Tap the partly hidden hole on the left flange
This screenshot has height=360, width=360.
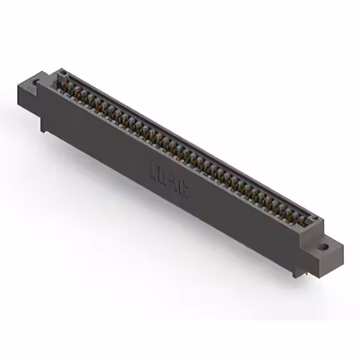(x=37, y=84)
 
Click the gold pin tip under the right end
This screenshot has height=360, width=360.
(x=307, y=274)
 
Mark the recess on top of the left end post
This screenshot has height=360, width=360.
(x=63, y=73)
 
